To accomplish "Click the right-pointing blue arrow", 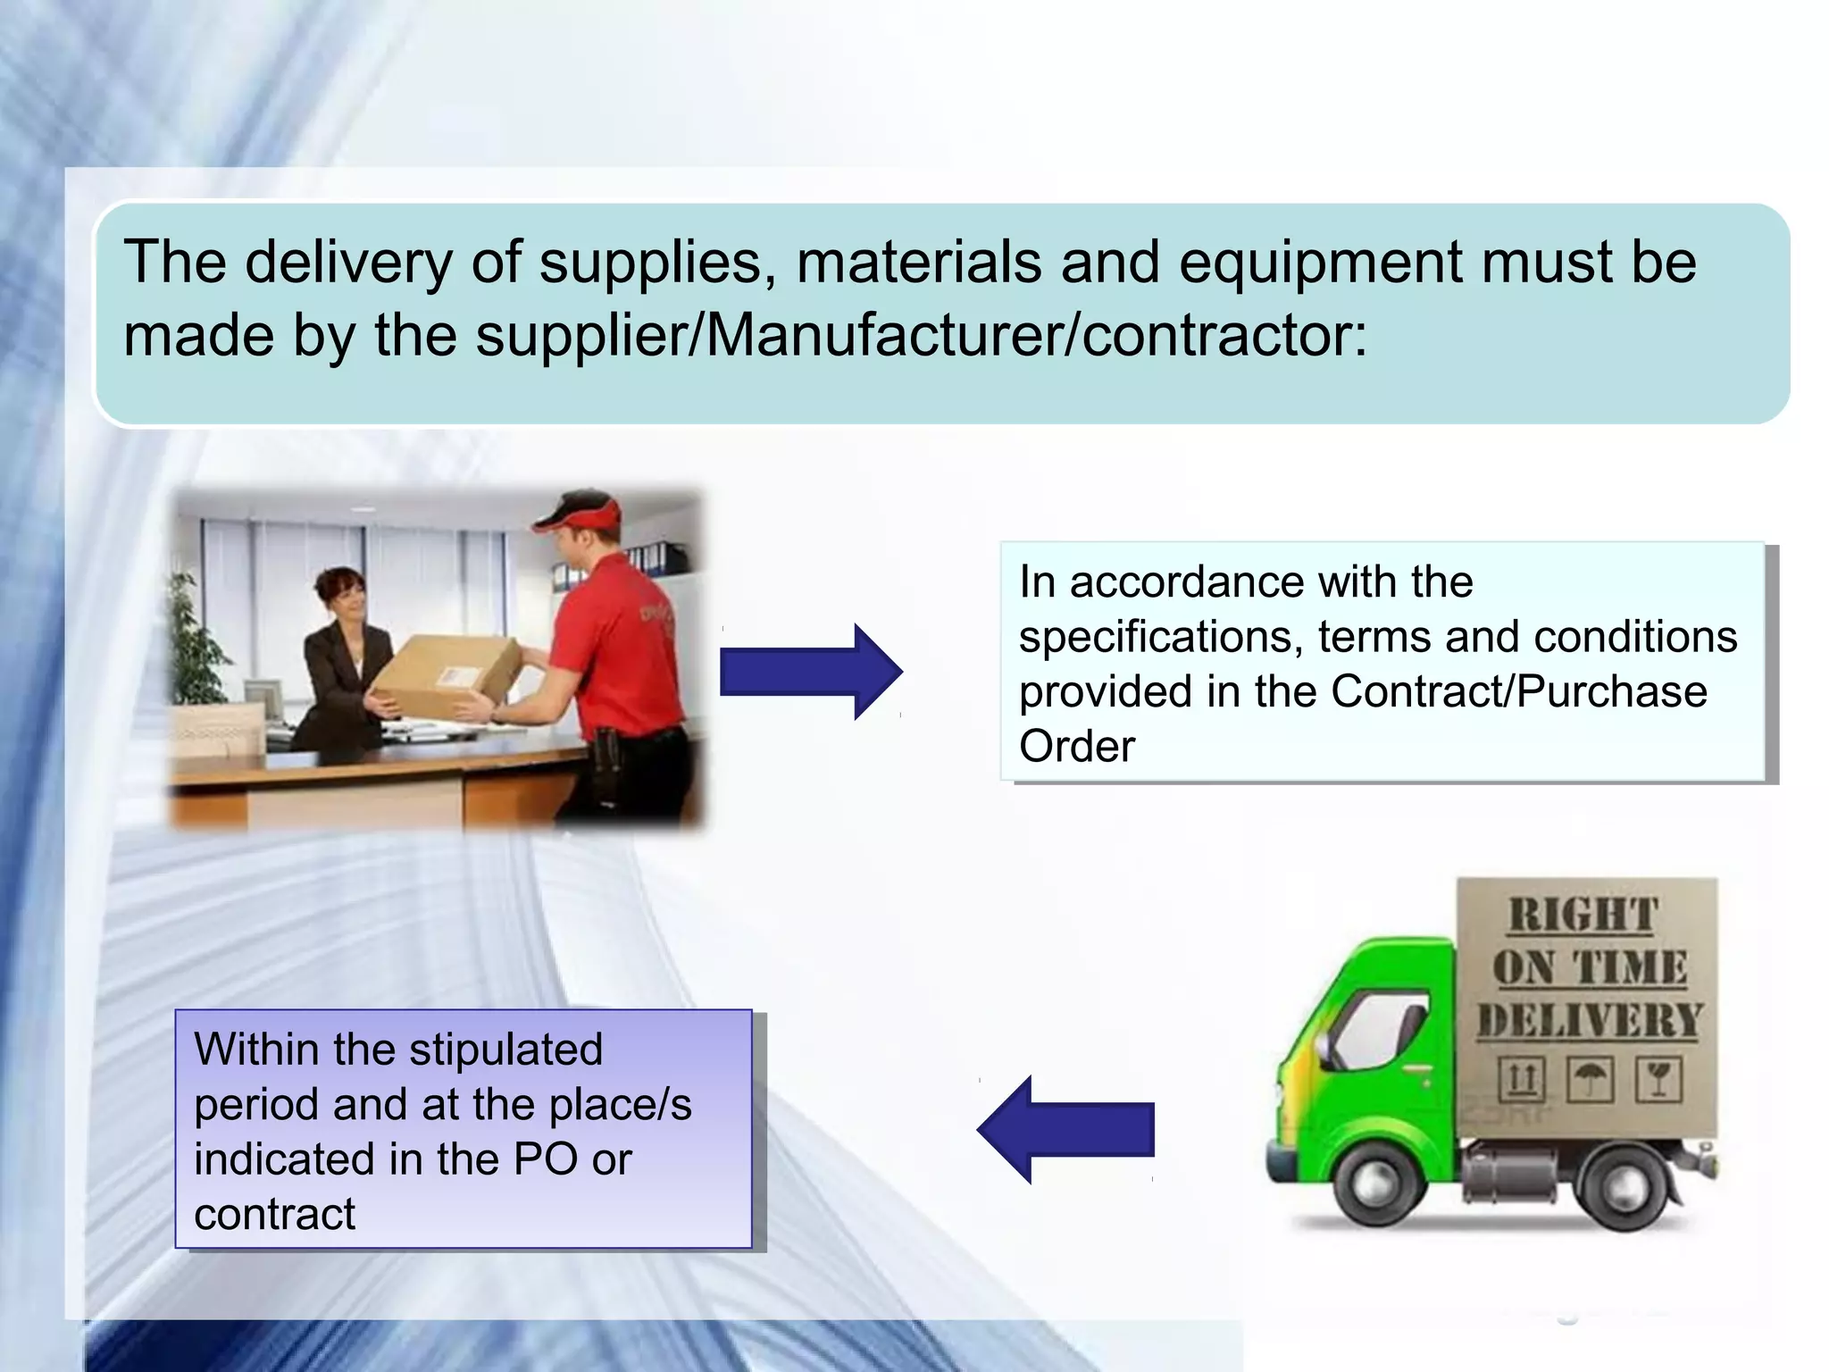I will tap(809, 672).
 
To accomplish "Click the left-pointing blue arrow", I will tap(1066, 1129).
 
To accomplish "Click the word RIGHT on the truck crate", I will tap(1584, 916).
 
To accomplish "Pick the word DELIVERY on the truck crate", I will tap(1588, 1020).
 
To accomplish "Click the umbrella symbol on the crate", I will tap(1590, 1080).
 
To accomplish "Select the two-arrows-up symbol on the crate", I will tap(1522, 1080).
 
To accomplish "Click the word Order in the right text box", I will tap(1077, 747).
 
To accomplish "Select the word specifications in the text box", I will tap(1160, 638).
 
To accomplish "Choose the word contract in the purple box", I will tap(275, 1215).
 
